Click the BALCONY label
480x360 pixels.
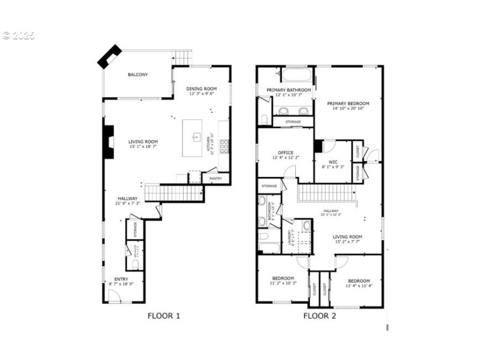[x=137, y=75]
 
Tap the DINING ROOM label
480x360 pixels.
[x=201, y=89]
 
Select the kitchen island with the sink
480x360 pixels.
[x=196, y=137]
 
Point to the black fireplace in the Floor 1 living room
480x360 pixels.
[x=109, y=142]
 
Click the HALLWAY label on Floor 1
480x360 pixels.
[x=127, y=199]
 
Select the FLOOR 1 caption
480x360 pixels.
[x=163, y=316]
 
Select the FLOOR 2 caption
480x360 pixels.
[x=319, y=316]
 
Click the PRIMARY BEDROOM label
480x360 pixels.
[x=348, y=103]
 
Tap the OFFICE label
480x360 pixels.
[x=286, y=153]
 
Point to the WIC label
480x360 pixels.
[x=333, y=162]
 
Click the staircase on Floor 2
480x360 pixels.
[x=323, y=193]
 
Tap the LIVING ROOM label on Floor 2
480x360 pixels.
[x=347, y=236]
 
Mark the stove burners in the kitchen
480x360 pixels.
[x=224, y=145]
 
